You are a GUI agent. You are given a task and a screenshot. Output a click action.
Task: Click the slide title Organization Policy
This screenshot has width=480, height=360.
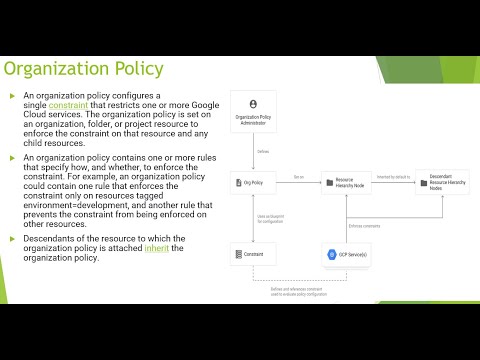84,69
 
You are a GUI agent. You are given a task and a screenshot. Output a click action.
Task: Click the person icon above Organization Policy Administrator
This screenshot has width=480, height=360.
253,103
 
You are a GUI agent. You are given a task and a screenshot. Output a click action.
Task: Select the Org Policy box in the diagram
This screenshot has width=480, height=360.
253,182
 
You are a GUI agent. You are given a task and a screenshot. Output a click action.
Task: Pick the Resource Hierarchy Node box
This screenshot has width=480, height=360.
345,182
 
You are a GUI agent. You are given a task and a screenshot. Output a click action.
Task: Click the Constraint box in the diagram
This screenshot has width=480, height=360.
253,255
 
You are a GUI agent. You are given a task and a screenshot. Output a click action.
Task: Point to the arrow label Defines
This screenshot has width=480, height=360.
263,152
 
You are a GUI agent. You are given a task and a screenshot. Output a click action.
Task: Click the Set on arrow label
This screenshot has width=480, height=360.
298,177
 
